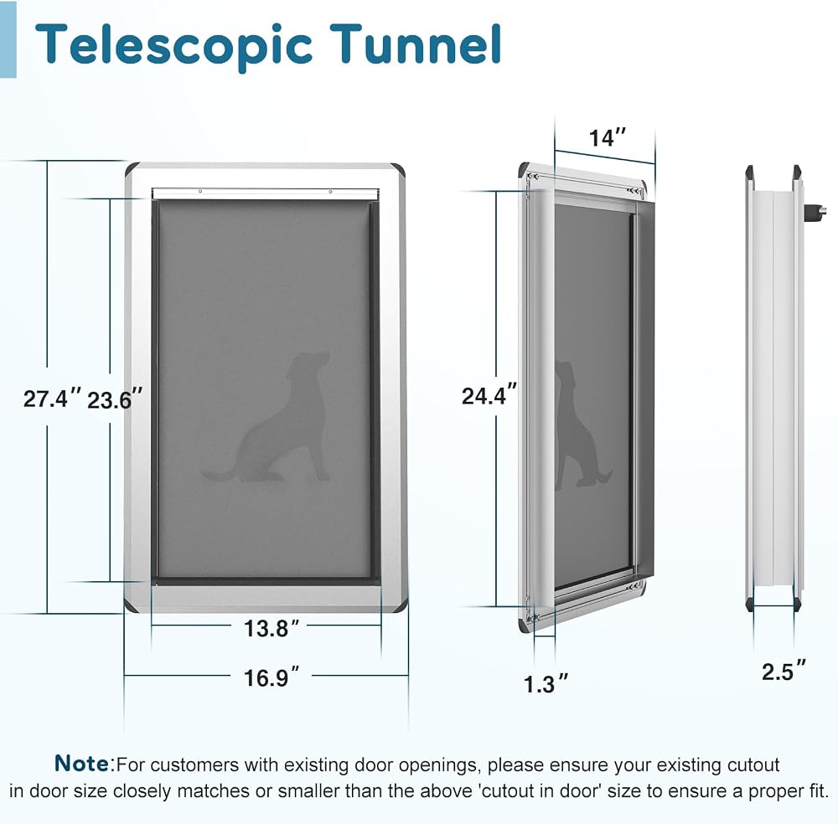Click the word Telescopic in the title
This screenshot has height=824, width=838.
click(x=173, y=46)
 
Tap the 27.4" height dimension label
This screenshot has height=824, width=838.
click(x=52, y=399)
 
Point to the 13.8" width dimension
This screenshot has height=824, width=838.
click(x=272, y=629)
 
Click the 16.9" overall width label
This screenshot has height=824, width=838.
click(x=272, y=678)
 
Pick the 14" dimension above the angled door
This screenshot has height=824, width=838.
click(x=607, y=138)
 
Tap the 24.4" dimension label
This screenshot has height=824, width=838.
click(x=489, y=396)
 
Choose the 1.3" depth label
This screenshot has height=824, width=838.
click(x=546, y=684)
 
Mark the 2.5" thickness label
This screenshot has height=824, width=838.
click(x=784, y=671)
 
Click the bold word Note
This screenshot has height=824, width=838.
click(x=82, y=763)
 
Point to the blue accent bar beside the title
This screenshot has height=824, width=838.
click(x=8, y=39)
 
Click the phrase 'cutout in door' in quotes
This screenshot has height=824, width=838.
click(x=540, y=791)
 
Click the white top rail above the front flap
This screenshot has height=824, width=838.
click(x=266, y=193)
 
